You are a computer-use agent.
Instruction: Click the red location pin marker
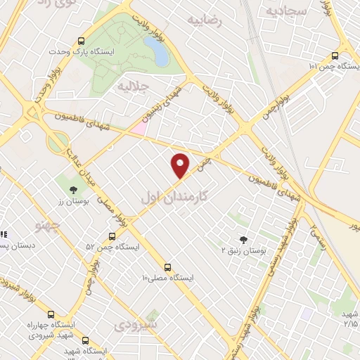[181, 165]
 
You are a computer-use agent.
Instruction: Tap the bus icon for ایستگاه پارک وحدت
[82, 41]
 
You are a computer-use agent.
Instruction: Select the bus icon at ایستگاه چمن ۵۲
[112, 236]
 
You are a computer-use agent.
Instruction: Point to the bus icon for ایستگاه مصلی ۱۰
[167, 267]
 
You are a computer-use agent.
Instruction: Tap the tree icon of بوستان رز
[73, 189]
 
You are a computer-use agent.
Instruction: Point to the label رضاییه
[205, 21]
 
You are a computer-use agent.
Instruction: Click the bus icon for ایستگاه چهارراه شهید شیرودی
[49, 314]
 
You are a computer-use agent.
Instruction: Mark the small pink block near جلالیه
[139, 129]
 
